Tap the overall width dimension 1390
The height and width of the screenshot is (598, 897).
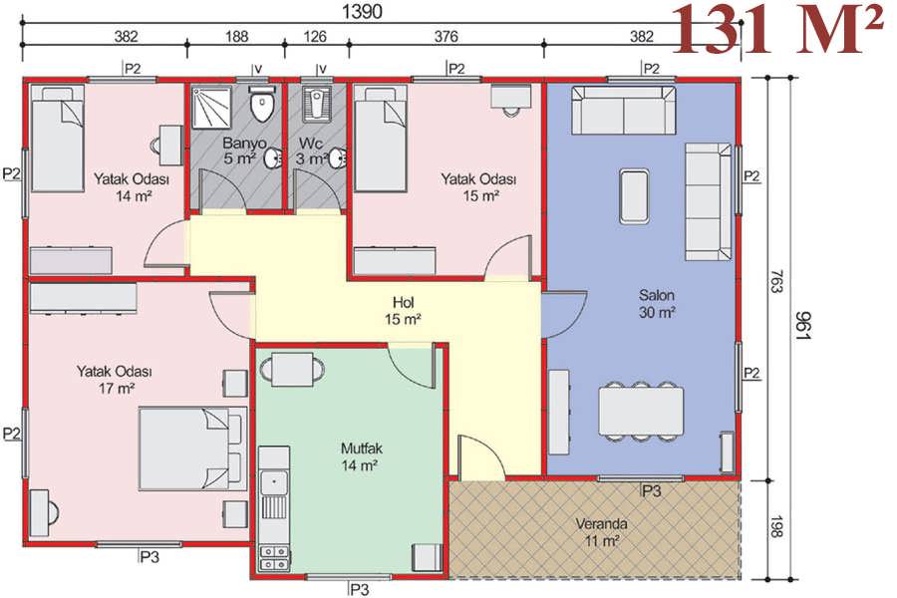pyautogui.click(x=361, y=11)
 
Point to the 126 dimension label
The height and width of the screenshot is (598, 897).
pyautogui.click(x=314, y=37)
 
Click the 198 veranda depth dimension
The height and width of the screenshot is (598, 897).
pyautogui.click(x=775, y=526)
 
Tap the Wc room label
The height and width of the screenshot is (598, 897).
pyautogui.click(x=310, y=143)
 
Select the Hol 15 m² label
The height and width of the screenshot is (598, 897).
pyautogui.click(x=404, y=311)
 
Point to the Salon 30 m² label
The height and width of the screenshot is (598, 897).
pyautogui.click(x=656, y=304)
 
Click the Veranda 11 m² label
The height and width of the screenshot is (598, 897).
pyautogui.click(x=601, y=531)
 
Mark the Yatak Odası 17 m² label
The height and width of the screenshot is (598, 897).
pyautogui.click(x=115, y=380)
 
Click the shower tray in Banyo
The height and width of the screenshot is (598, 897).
pyautogui.click(x=211, y=107)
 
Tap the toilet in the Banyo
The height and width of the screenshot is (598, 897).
pyautogui.click(x=262, y=104)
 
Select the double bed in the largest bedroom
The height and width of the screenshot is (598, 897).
pyautogui.click(x=192, y=448)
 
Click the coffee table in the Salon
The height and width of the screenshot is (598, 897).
pyautogui.click(x=634, y=195)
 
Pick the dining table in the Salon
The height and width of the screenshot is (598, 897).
pyautogui.click(x=641, y=411)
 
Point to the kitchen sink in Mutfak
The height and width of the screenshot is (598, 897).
pyautogui.click(x=274, y=482)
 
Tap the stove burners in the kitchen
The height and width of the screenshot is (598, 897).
pyautogui.click(x=274, y=558)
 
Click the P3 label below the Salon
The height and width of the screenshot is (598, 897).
pyautogui.click(x=651, y=490)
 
